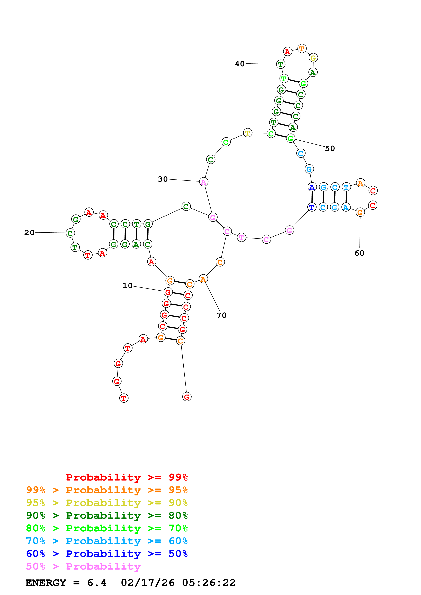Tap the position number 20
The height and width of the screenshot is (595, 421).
[29, 233]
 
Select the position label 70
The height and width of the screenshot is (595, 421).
[221, 315]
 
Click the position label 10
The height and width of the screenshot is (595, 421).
[127, 286]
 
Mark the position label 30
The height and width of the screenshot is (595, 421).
[163, 179]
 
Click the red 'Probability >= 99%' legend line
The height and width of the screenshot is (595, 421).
[127, 477]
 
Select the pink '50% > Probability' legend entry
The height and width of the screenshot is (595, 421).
[83, 566]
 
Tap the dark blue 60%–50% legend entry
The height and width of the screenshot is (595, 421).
[107, 554]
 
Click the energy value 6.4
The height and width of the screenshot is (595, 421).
[97, 583]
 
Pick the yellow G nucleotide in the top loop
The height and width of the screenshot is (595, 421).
[313, 58]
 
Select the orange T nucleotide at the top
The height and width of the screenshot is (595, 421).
[302, 49]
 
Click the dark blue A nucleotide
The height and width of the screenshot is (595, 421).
[312, 187]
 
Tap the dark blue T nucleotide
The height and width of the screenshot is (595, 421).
[312, 207]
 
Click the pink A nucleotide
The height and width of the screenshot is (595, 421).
[204, 182]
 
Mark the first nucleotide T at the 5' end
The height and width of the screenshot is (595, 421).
[124, 398]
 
